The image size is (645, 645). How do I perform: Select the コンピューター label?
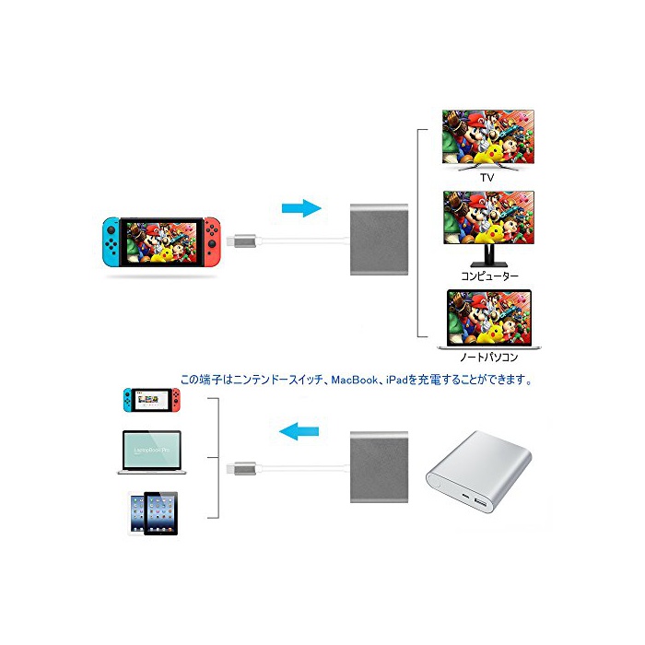coord(489,275)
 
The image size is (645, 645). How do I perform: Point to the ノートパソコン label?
coord(489,356)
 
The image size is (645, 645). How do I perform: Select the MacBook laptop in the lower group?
coord(152,451)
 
